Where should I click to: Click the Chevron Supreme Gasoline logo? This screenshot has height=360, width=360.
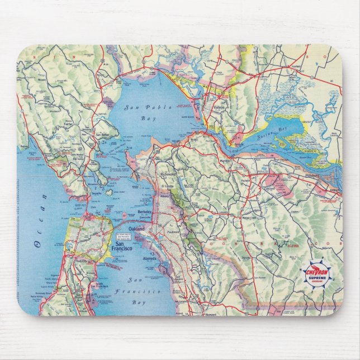click(x=317, y=274)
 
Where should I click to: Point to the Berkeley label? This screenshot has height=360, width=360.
click(x=146, y=213)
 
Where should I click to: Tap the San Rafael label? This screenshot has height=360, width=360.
click(x=102, y=135)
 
